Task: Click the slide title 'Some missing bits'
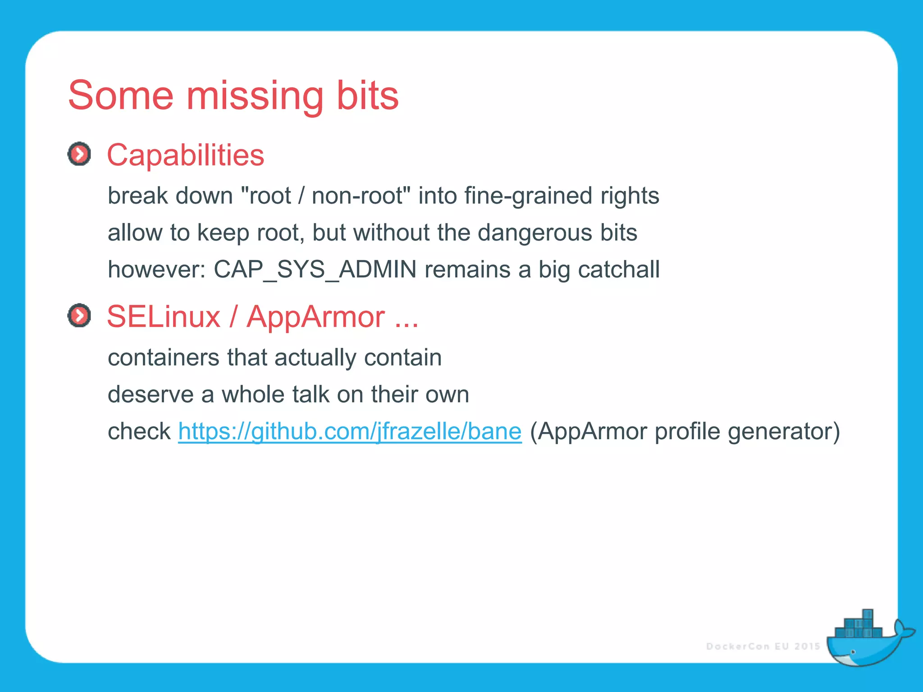233,95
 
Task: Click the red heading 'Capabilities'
185,155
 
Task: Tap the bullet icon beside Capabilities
79,154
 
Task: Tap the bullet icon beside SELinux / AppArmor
79,315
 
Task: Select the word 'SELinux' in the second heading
164,316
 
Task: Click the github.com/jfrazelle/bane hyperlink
350,431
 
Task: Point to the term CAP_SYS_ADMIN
315,269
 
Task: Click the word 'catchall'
618,269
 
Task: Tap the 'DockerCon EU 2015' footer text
763,646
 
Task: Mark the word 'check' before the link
139,431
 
